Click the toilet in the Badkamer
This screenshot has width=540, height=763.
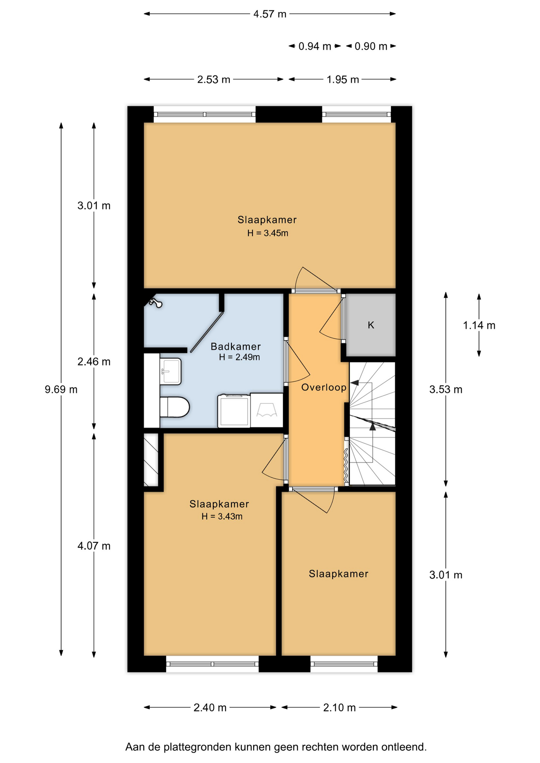click(x=175, y=407)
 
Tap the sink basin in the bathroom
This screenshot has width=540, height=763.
click(x=171, y=371)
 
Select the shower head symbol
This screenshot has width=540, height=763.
click(x=155, y=303)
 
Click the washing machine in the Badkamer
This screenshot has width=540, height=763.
click(x=234, y=411)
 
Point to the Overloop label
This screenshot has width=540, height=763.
click(x=324, y=387)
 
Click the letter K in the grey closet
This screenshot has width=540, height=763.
click(x=371, y=325)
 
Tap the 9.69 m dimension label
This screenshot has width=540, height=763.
click(x=61, y=389)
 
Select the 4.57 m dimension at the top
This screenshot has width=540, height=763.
click(x=270, y=14)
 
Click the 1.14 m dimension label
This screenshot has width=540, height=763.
click(x=479, y=325)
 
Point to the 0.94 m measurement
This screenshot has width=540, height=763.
click(x=315, y=46)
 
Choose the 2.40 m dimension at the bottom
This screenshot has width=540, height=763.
click(x=210, y=707)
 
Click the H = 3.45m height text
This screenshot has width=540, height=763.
click(x=268, y=233)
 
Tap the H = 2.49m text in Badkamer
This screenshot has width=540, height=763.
click(x=239, y=357)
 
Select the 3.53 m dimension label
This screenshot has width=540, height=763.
click(x=446, y=389)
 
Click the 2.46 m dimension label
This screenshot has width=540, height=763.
click(x=94, y=362)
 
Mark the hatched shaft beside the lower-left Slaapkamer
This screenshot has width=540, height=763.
click(x=151, y=460)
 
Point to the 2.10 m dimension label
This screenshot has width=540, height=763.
click(x=339, y=707)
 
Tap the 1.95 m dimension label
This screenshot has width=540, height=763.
click(x=343, y=79)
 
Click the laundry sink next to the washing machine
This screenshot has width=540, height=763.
click(x=267, y=410)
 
